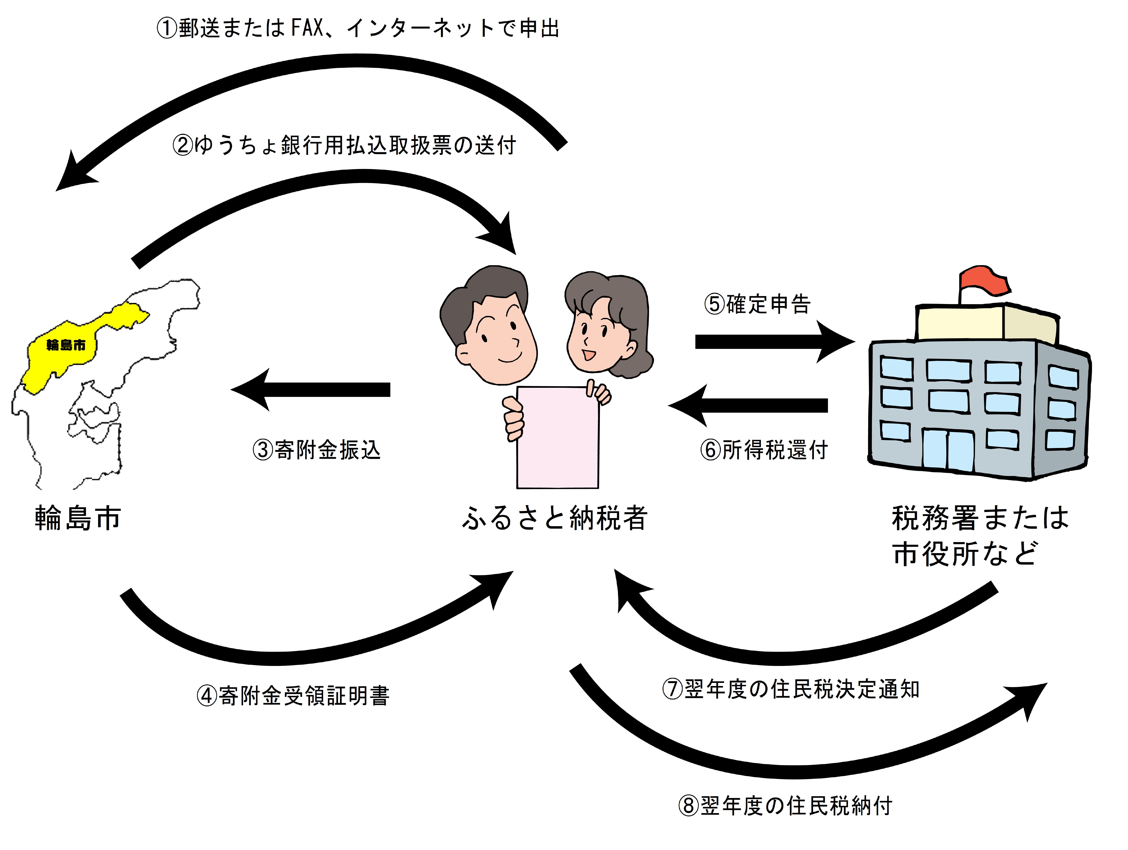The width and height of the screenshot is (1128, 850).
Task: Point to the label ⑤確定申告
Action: click(x=757, y=304)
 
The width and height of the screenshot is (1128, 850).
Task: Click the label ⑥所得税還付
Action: click(x=763, y=450)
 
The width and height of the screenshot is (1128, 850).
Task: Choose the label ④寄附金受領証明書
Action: click(x=293, y=695)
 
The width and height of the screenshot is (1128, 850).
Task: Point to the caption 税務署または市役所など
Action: click(x=979, y=536)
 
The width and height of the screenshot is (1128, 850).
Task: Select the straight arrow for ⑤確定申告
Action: click(x=773, y=342)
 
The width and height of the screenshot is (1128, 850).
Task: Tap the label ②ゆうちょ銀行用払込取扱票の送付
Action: click(x=344, y=145)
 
